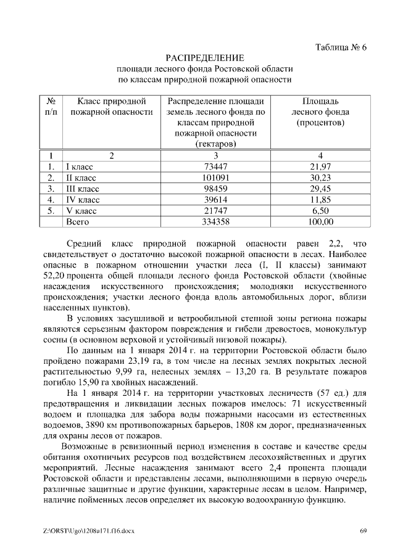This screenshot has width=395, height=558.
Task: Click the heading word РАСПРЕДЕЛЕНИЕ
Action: [204, 58]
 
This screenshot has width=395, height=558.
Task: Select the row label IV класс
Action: [83, 200]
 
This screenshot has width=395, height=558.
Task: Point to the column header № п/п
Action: [52, 107]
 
